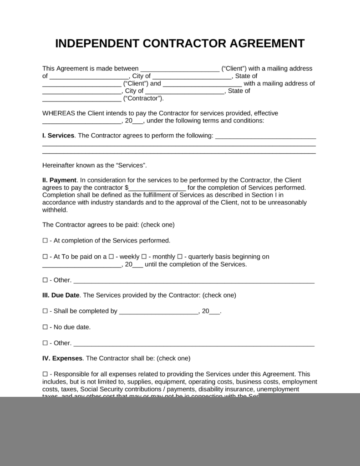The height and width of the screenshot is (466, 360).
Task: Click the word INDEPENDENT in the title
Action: point(97,44)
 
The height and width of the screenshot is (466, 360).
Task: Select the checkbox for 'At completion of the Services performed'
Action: point(45,241)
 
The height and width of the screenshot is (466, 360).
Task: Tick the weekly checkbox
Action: point(112,257)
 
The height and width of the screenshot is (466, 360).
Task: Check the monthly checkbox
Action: point(144,257)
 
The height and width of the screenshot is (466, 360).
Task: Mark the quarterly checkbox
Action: point(179,257)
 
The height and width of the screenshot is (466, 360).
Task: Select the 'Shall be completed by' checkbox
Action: point(45,311)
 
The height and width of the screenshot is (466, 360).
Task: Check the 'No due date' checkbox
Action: point(45,327)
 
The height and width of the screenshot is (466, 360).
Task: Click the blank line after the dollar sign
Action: point(157,188)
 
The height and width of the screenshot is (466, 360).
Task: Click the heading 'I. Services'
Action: point(58,136)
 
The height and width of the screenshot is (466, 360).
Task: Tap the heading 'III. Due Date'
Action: point(61,295)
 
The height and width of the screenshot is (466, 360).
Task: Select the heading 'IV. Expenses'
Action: point(62,359)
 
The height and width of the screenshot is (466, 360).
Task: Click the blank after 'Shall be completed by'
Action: point(158,312)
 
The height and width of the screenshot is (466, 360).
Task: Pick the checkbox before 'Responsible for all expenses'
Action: point(45,375)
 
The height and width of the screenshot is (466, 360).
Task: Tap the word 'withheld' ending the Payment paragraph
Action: point(55,210)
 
